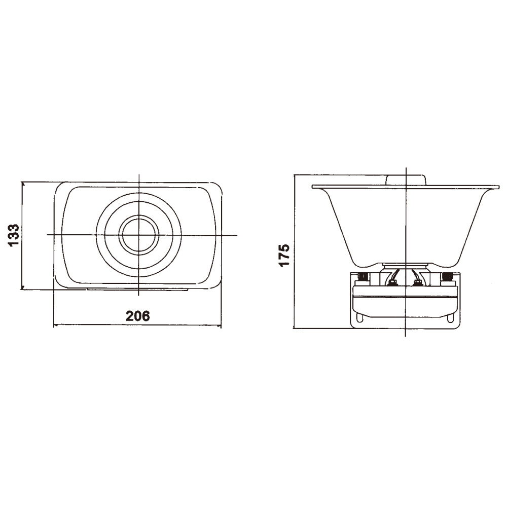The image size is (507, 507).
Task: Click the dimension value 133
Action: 14,235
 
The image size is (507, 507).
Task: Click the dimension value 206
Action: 138,316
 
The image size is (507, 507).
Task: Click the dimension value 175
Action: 284,255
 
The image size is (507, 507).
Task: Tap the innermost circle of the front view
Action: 139,235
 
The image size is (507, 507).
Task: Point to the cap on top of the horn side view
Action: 406,180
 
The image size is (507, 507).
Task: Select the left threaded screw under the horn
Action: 363,277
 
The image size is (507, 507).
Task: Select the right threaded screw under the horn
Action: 447,277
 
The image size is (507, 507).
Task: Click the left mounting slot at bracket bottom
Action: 360,317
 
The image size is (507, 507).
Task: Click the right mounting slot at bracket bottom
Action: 450,317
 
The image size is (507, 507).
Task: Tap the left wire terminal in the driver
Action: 393,283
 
